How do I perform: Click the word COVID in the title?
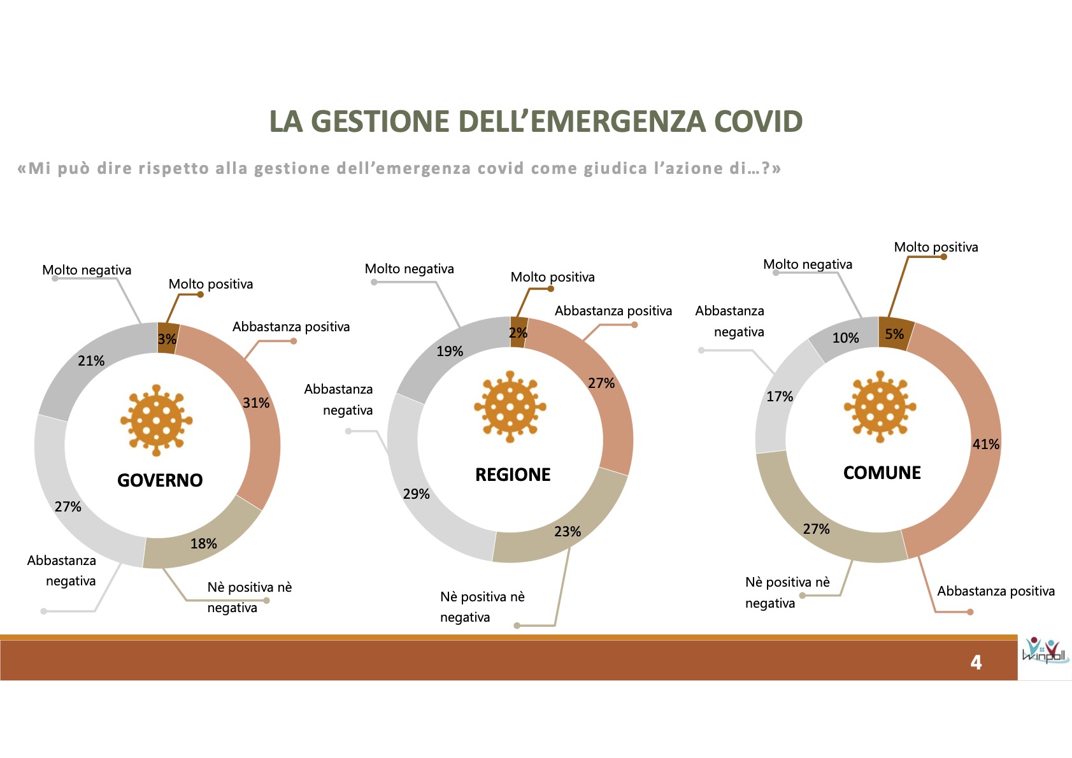coord(758,121)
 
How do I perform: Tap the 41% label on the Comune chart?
coord(985,444)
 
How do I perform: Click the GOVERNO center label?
coord(160,480)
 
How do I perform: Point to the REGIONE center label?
coord(513,475)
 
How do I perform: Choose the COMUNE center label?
coord(882,472)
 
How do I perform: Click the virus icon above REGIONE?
coord(510,406)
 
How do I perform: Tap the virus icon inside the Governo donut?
coord(157,420)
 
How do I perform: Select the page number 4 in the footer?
coord(976,662)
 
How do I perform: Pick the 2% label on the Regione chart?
coord(518,332)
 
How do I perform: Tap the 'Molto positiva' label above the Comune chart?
coord(936,247)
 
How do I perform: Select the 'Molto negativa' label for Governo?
coord(87,270)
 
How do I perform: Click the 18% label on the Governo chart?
coord(203,543)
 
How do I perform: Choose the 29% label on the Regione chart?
coord(416,494)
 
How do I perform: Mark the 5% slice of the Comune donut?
coord(896,333)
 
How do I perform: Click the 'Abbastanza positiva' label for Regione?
coord(613,311)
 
